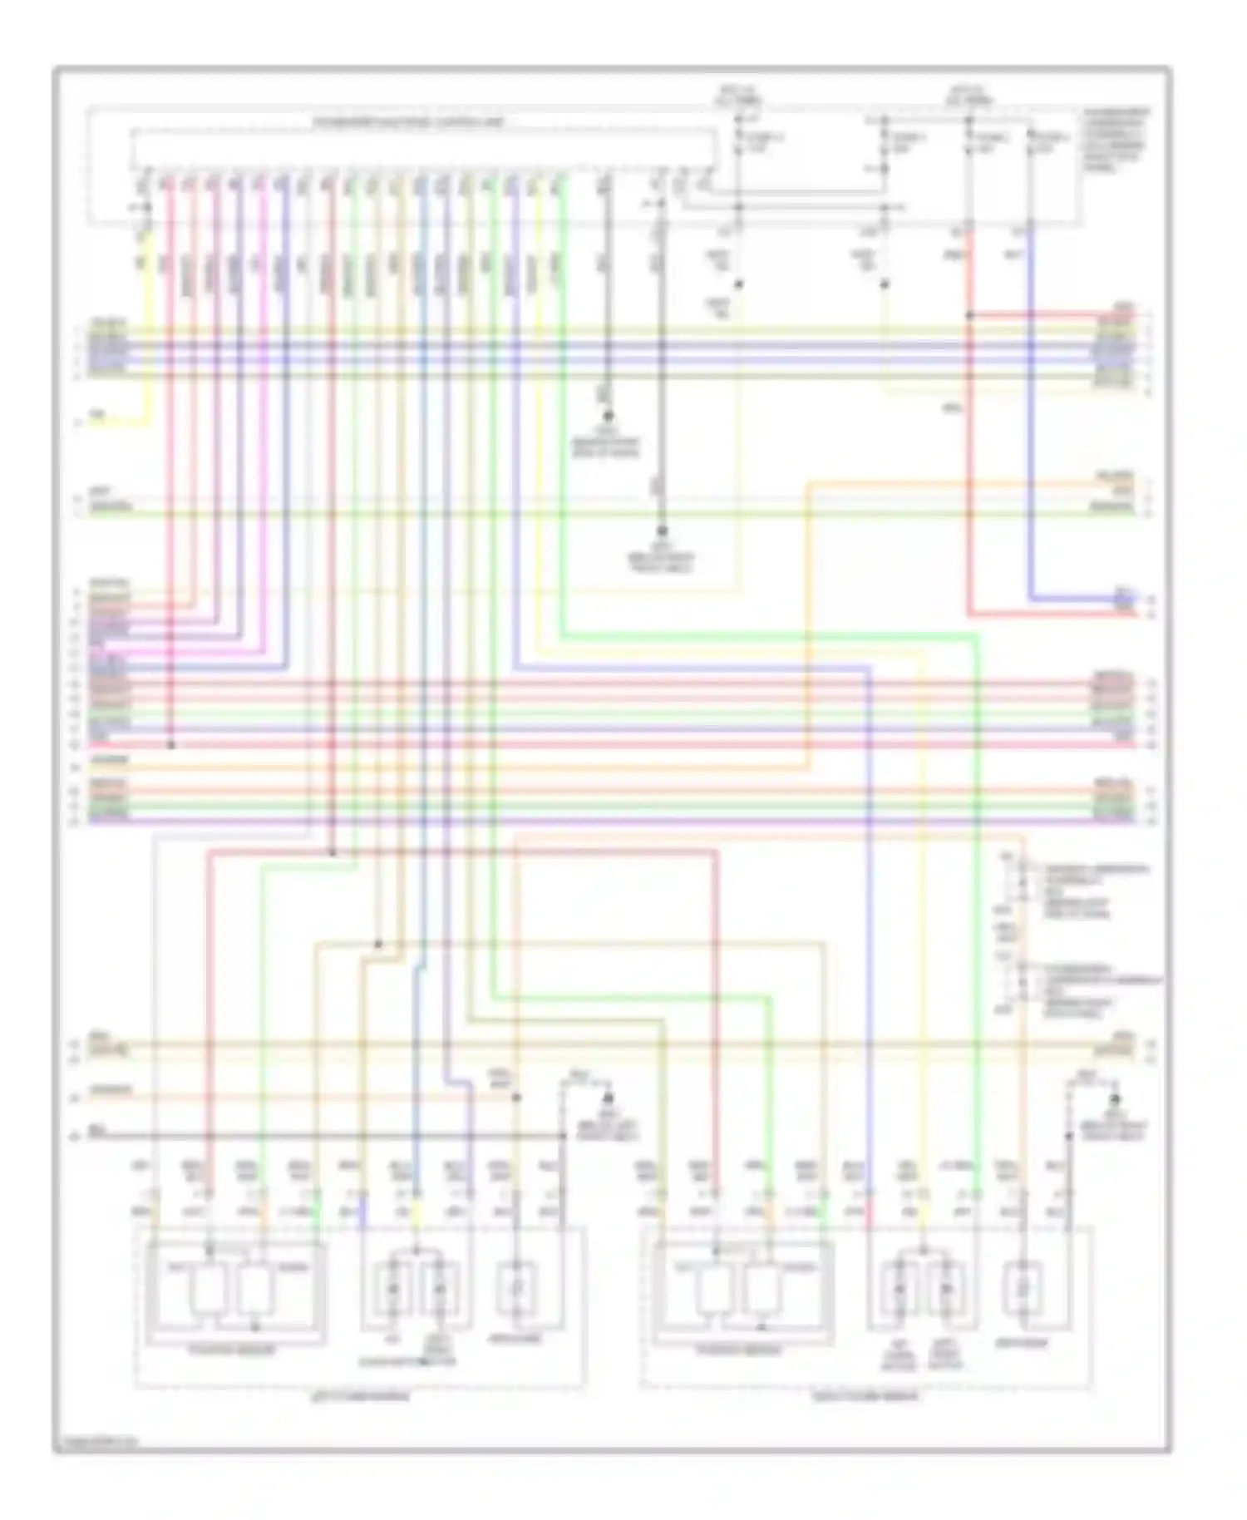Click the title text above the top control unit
[407, 123]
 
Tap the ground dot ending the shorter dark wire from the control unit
[608, 415]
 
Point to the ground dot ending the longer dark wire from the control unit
[663, 530]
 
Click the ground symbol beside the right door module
[1115, 1099]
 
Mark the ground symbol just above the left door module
[608, 1099]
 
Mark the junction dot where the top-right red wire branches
[969, 316]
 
